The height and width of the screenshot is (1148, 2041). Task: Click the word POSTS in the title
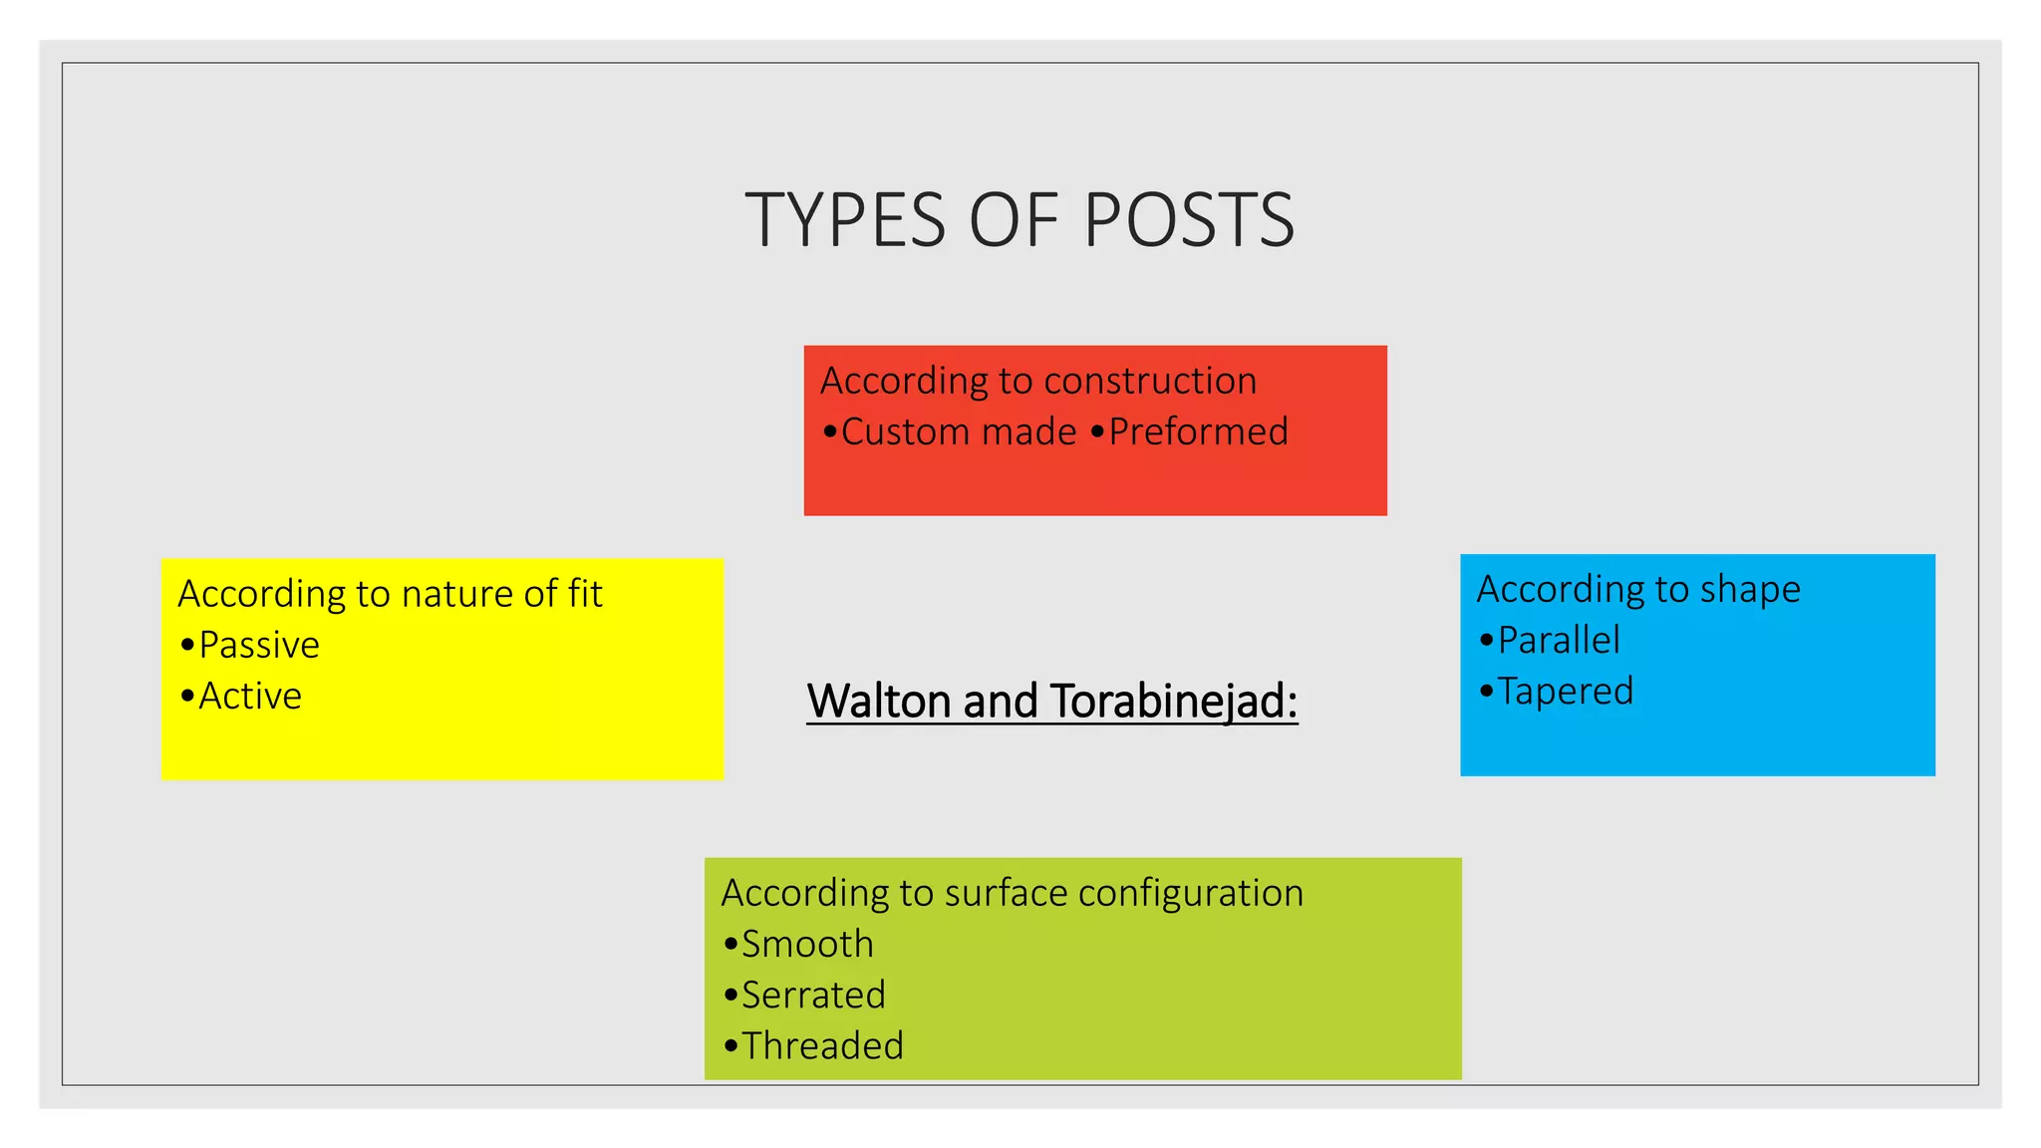pyautogui.click(x=1189, y=220)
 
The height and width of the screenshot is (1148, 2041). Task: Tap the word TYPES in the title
pyautogui.click(x=846, y=220)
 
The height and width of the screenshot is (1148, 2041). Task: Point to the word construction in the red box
pyautogui.click(x=1150, y=381)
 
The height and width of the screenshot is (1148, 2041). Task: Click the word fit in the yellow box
pyautogui.click(x=585, y=593)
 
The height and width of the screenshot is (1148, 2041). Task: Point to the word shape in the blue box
pyautogui.click(x=1750, y=590)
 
